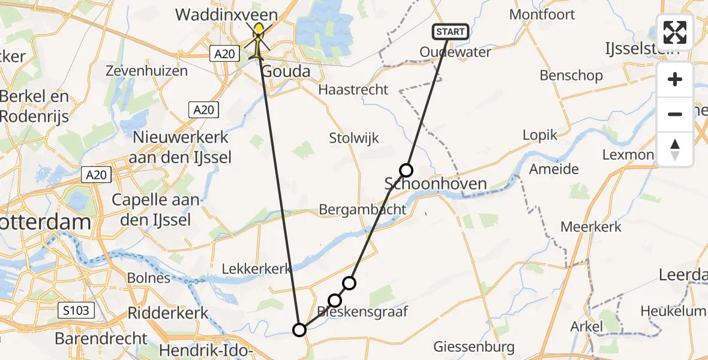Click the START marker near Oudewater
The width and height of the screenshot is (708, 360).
[x=451, y=32]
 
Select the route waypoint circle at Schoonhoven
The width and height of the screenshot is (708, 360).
[x=406, y=170]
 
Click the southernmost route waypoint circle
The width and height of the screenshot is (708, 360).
[x=299, y=329]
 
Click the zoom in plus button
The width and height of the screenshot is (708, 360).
[x=675, y=80]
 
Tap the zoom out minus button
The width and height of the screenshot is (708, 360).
[x=675, y=114]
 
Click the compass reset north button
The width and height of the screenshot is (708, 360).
[x=675, y=149]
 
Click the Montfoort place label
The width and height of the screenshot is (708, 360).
[x=542, y=14]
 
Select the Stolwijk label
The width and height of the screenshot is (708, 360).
[x=354, y=138]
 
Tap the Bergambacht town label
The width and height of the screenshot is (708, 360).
[x=362, y=209]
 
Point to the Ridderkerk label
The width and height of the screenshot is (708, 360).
[x=168, y=313]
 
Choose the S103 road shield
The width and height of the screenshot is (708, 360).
[x=77, y=310]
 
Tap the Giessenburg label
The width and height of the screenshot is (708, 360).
[x=474, y=347]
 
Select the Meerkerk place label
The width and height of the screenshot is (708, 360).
[x=591, y=227]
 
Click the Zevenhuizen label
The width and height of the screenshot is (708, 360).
[x=146, y=71]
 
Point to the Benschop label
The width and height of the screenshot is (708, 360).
[x=571, y=76]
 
